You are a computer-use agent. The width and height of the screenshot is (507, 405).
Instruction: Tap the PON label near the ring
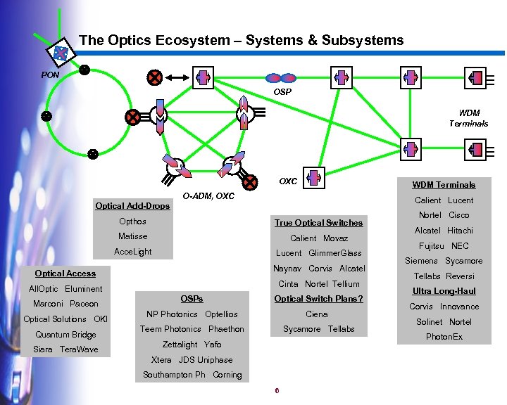point(50,74)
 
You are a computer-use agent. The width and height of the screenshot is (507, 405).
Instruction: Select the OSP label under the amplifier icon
point(282,91)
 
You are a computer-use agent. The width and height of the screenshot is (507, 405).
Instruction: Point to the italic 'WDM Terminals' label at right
point(468,118)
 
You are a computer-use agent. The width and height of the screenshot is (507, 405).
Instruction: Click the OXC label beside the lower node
point(287,181)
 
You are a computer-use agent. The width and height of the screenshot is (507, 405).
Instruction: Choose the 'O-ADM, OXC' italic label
point(208,196)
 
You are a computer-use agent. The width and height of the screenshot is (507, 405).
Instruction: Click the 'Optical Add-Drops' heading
point(132,206)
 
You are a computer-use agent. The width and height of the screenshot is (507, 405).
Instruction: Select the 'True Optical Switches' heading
point(318,223)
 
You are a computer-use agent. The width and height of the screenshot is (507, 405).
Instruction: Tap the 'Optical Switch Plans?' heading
point(318,299)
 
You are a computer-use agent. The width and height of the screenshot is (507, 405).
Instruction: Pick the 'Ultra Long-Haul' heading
point(444,291)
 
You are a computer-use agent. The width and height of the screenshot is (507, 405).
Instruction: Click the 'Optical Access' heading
point(65,274)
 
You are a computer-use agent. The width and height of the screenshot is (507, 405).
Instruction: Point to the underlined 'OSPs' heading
point(192,299)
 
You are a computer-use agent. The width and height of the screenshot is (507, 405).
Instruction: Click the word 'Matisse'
point(132,236)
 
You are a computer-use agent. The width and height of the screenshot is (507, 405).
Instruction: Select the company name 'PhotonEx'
point(444,337)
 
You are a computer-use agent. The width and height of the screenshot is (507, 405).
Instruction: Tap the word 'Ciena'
point(318,314)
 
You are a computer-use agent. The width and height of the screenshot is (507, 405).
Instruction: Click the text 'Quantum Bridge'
point(65,335)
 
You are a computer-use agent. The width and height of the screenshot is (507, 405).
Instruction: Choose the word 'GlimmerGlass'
point(334,253)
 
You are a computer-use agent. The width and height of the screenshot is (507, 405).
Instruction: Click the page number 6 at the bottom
point(277,391)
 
